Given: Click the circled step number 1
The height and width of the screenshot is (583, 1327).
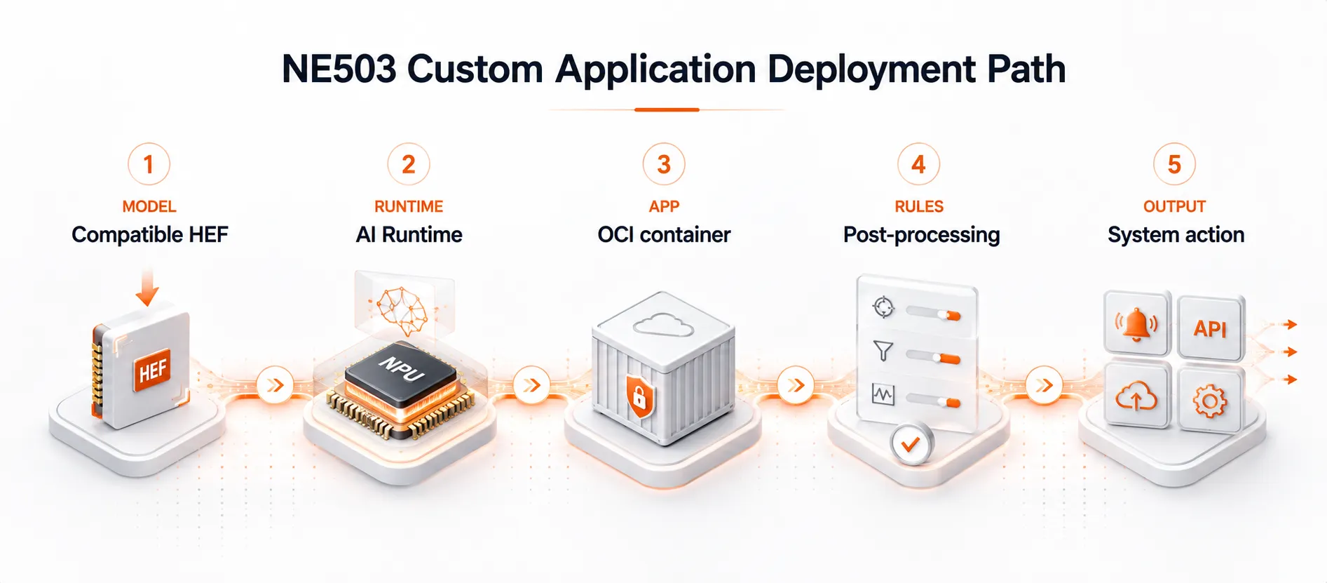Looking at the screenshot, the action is tap(149, 164).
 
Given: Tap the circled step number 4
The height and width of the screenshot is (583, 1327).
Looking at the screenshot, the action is tap(918, 164).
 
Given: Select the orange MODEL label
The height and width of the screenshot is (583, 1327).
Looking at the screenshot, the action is tap(149, 206).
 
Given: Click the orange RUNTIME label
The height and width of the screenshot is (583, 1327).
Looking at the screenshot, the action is tap(409, 206).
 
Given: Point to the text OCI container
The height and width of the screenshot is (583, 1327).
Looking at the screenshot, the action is tap(664, 234).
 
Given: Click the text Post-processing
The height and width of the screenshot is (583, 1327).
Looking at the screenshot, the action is tap(921, 235).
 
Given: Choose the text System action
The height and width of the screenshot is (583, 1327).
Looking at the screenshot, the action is tap(1176, 234).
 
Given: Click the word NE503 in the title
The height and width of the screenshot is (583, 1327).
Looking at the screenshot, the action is tap(339, 69).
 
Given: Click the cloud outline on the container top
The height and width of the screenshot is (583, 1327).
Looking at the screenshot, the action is tap(663, 325).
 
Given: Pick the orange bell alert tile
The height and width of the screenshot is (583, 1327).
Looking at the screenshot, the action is tap(1136, 324).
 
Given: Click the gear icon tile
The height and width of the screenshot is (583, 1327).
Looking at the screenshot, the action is tap(1210, 401).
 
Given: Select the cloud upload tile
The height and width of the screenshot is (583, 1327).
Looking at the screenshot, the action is tap(1136, 396).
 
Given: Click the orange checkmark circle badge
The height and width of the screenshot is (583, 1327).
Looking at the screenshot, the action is tap(911, 444).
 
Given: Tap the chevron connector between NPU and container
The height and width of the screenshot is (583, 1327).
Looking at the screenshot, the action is tap(532, 385).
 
